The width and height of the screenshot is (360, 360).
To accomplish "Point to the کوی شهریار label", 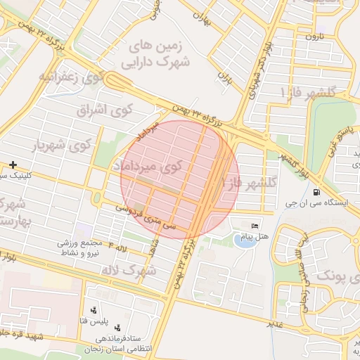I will pyautogui.click(x=62, y=146).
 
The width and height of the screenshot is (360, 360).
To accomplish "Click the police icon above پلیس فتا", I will pyautogui.click(x=95, y=310).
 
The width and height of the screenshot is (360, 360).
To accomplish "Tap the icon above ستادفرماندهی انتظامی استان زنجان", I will pyautogui.click(x=117, y=327).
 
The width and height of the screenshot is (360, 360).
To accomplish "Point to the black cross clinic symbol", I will pyautogui.click(x=13, y=165).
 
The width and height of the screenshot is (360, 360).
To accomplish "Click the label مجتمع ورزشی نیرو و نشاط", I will pyautogui.click(x=82, y=246).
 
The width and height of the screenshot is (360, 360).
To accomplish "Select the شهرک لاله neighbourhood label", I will pyautogui.click(x=128, y=270).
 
